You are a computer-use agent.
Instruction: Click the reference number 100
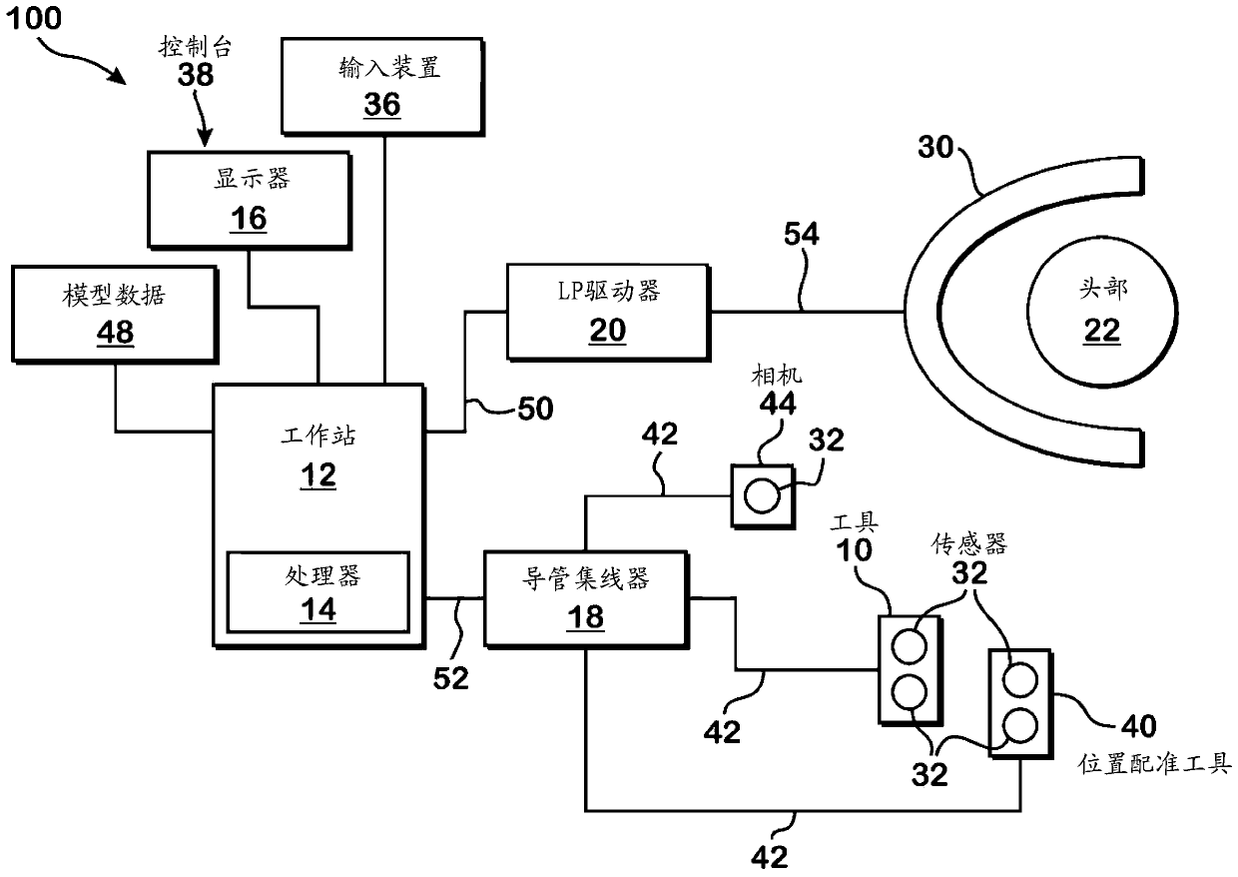coord(34,18)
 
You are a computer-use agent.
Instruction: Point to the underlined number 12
coord(318,475)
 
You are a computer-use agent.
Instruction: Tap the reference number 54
coord(802,234)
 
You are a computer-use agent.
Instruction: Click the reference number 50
coord(535,409)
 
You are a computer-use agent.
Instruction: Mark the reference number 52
coord(451,678)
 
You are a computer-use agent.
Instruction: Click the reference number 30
coord(935,147)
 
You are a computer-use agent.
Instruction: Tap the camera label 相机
coord(777,376)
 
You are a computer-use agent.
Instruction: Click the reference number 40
coord(1138,726)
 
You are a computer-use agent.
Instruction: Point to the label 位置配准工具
coord(1154,764)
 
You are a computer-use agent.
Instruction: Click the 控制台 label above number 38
coord(195,47)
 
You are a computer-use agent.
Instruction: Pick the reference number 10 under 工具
coord(854,550)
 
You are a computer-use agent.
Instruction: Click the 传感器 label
coord(968,544)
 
